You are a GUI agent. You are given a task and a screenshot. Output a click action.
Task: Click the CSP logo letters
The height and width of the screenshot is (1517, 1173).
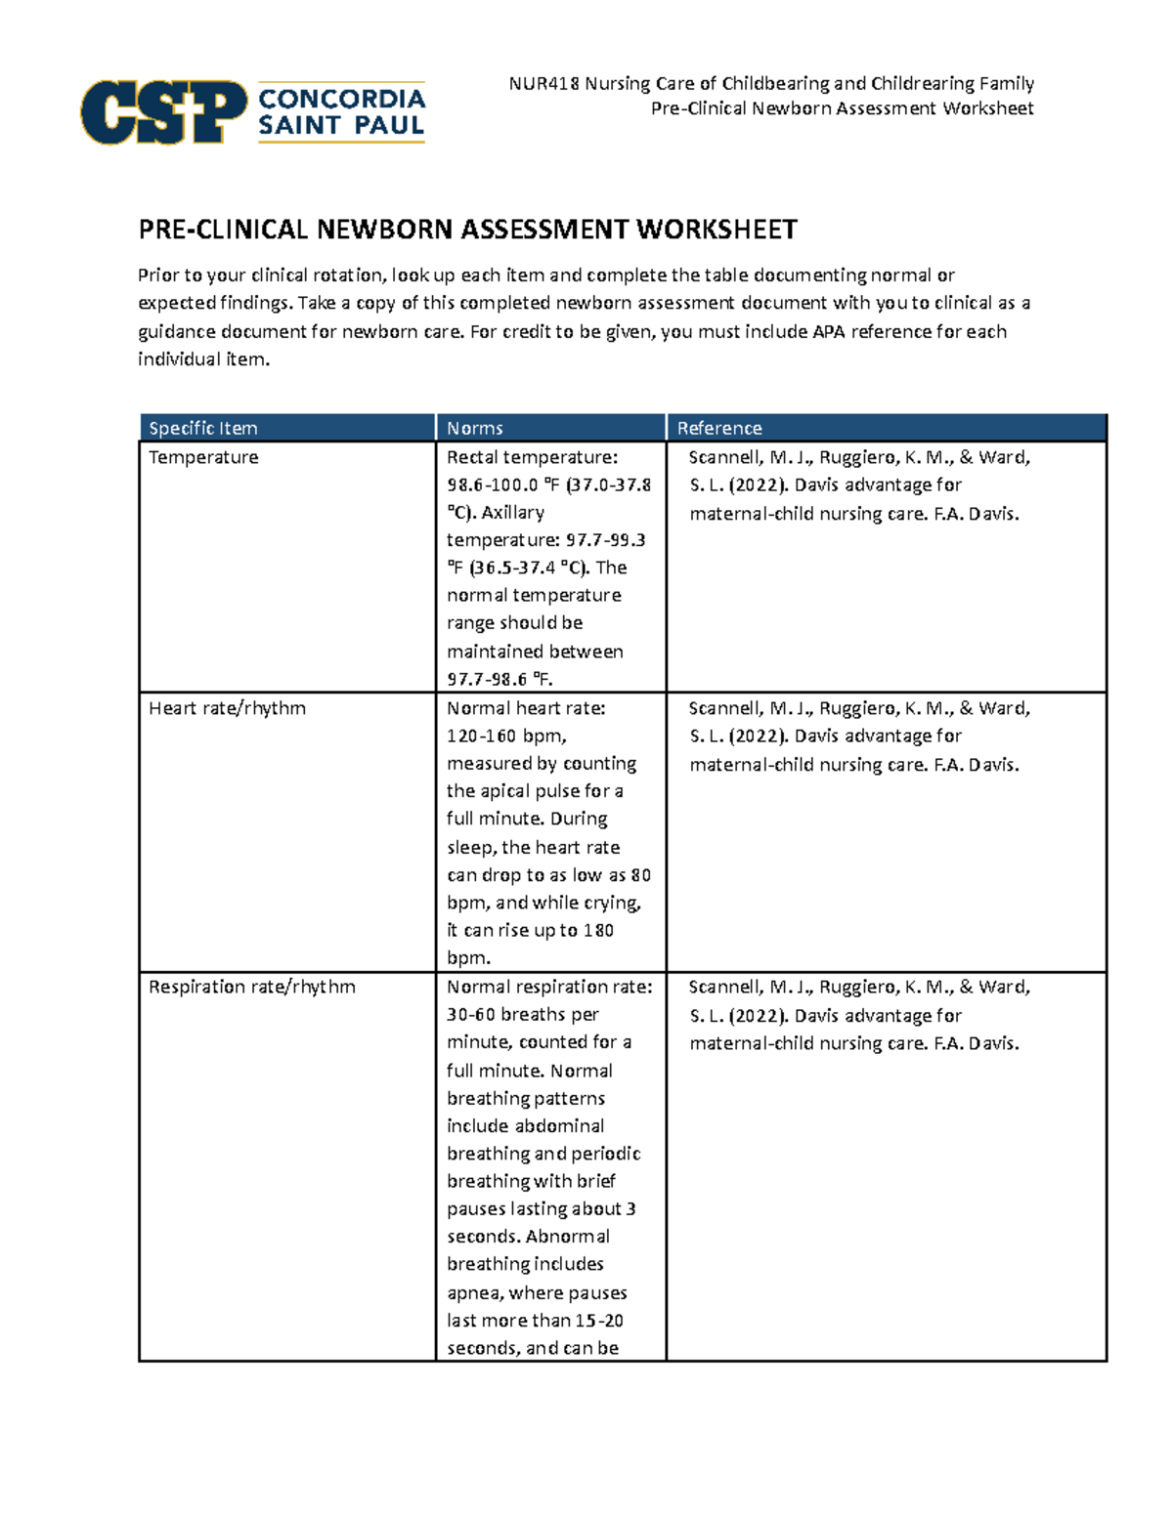(x=163, y=112)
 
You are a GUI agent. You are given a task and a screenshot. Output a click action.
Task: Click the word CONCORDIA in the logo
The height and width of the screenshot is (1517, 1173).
(x=341, y=99)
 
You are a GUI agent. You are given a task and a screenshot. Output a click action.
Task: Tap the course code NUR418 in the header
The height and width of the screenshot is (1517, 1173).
(x=543, y=84)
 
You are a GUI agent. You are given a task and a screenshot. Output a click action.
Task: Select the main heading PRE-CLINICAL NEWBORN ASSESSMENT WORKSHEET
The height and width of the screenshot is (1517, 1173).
(x=467, y=230)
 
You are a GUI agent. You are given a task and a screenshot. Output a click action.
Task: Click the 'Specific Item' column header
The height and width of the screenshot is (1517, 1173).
(x=203, y=428)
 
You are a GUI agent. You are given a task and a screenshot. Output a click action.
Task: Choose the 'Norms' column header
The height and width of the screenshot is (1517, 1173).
(x=475, y=428)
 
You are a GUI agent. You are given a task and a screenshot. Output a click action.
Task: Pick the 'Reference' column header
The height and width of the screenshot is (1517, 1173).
(x=719, y=428)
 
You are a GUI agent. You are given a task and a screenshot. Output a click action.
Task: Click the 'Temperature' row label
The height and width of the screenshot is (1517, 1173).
(x=203, y=457)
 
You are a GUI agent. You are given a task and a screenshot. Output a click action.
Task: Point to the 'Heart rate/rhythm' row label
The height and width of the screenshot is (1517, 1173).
(x=227, y=708)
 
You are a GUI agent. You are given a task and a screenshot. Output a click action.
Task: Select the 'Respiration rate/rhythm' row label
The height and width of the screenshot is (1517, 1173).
(x=251, y=987)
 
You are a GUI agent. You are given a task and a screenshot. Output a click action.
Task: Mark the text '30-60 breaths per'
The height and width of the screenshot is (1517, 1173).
(x=522, y=1014)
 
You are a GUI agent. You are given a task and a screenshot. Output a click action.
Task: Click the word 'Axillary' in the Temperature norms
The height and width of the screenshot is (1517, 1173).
(x=512, y=512)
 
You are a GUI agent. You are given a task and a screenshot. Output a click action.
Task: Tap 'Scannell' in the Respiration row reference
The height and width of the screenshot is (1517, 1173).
(x=724, y=987)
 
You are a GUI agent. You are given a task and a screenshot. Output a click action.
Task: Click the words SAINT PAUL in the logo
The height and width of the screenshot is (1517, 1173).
(x=341, y=125)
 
